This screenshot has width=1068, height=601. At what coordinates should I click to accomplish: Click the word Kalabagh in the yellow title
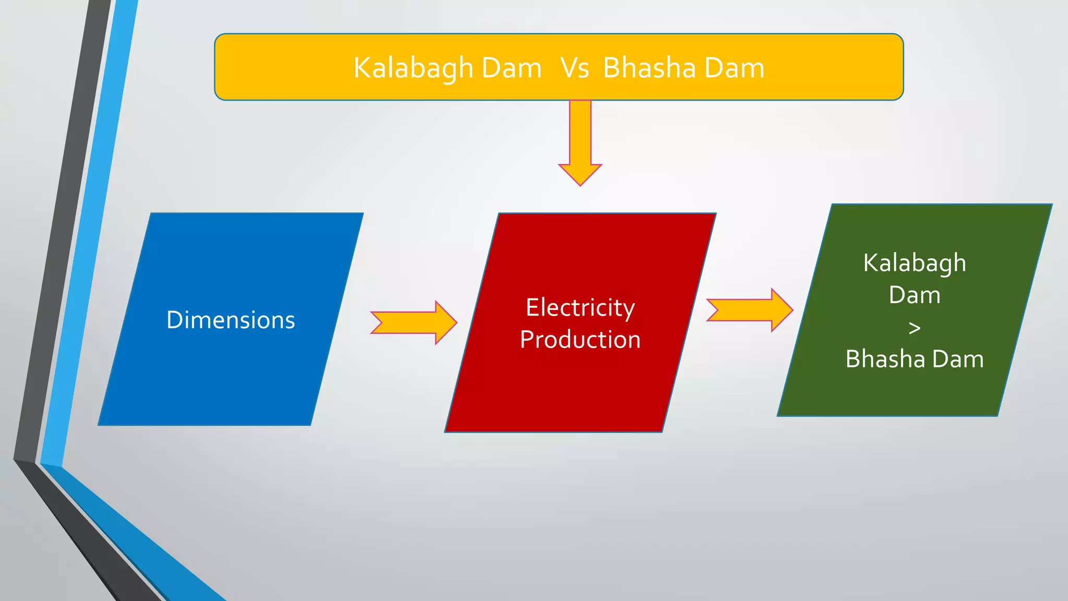point(413,68)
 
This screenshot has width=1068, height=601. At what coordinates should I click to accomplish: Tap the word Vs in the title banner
point(575,68)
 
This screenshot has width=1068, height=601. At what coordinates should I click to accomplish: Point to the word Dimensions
point(230,320)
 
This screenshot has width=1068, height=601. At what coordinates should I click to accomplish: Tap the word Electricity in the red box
point(580,307)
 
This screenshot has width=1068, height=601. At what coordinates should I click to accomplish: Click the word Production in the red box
point(580,340)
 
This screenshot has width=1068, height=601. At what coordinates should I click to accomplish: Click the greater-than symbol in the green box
point(914,328)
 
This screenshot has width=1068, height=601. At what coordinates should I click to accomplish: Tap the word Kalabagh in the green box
point(914,263)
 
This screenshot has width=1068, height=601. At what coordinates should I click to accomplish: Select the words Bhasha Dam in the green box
point(914,359)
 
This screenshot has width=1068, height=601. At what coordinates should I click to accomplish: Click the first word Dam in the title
point(511,68)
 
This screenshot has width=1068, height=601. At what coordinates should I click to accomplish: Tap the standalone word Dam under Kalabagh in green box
point(914,295)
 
